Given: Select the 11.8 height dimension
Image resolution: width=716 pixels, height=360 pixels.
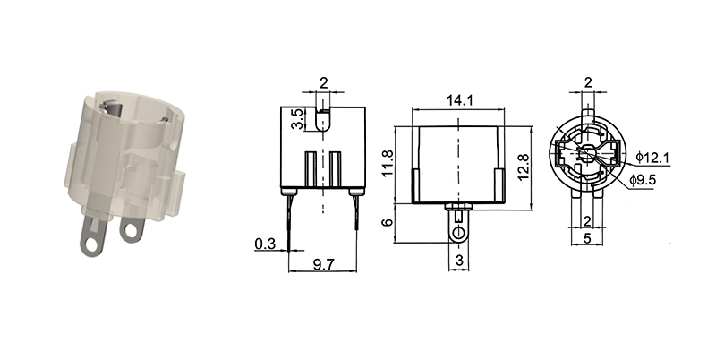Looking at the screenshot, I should [x=388, y=164].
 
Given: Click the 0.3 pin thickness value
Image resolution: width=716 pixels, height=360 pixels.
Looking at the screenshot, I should [x=264, y=243].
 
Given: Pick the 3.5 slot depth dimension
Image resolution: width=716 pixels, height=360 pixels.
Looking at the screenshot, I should [x=297, y=119].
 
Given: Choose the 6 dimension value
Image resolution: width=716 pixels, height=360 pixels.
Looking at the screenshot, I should [x=388, y=223].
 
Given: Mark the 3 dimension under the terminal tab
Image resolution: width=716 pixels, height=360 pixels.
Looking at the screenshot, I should [x=458, y=261].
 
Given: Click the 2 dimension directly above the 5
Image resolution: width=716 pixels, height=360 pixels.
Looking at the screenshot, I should [x=588, y=220].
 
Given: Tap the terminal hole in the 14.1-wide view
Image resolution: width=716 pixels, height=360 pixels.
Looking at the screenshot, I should [x=458, y=233].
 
